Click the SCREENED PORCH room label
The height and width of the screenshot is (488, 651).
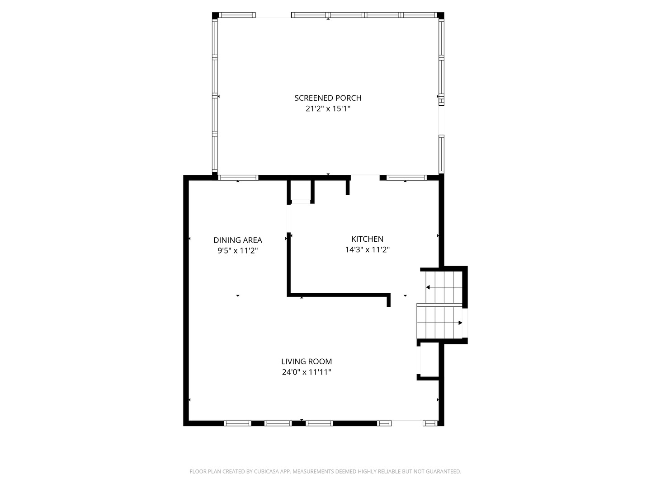click(x=328, y=98)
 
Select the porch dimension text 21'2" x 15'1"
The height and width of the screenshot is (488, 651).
click(x=328, y=108)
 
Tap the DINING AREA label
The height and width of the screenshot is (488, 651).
click(x=237, y=240)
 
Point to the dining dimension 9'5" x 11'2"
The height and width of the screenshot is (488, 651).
click(x=237, y=251)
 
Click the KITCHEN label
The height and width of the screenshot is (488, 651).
click(x=367, y=239)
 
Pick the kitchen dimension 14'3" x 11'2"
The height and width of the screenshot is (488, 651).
click(x=367, y=249)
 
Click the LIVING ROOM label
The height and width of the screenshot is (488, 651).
click(x=307, y=361)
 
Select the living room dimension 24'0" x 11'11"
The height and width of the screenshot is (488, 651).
click(x=307, y=372)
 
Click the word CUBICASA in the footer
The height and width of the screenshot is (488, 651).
click(x=266, y=471)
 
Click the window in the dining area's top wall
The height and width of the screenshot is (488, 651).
click(x=238, y=178)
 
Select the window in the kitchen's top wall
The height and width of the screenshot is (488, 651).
click(x=406, y=178)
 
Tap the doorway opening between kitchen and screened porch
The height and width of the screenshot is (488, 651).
click(x=365, y=178)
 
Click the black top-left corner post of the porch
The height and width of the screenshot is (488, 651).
click(x=215, y=15)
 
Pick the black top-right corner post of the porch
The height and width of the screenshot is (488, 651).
click(x=441, y=15)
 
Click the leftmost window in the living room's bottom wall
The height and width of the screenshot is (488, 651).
click(x=237, y=423)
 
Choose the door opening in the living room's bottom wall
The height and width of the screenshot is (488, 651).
click(x=407, y=423)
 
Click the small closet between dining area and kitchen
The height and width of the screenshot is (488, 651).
click(x=301, y=191)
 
